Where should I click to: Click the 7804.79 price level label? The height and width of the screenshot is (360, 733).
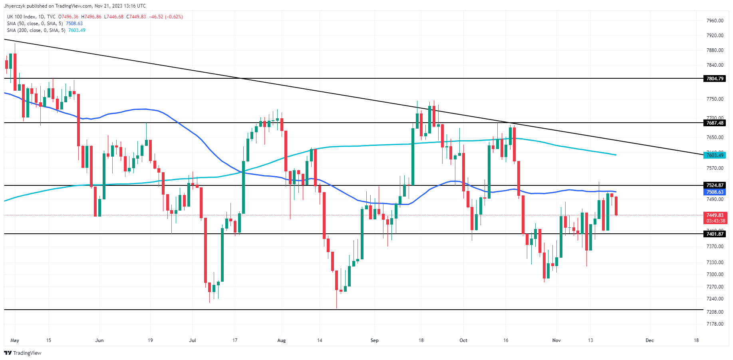pos(715,79)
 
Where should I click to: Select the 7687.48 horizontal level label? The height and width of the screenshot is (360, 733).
pos(715,123)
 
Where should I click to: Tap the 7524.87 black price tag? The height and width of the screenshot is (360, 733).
pos(715,185)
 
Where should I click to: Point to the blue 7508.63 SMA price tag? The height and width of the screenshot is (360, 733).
pos(715,192)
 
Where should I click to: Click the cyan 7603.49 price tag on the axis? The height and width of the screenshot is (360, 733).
pos(715,155)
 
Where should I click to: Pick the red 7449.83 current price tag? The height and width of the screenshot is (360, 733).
pos(715,215)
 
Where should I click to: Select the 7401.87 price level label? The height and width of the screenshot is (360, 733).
pos(715,234)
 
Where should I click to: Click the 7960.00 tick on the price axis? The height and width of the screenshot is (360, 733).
pos(715,21)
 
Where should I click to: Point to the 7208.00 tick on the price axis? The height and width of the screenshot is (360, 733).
pos(715,312)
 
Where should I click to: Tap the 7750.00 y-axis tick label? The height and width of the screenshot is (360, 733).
pos(715,99)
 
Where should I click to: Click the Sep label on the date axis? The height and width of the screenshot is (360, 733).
pos(374,340)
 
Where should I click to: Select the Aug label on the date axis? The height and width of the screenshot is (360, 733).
pos(281,340)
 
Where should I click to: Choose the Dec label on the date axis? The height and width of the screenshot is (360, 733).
pos(650,340)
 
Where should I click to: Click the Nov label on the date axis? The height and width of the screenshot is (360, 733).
pos(556,340)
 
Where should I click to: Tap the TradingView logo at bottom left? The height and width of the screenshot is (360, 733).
pos(23,353)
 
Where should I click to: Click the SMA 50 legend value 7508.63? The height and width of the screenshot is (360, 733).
pos(74,24)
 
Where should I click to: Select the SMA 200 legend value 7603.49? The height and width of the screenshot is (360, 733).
pos(77,30)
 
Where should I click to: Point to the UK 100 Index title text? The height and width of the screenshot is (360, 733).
pos(21,17)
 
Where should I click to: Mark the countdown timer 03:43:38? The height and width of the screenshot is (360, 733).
pos(715,221)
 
